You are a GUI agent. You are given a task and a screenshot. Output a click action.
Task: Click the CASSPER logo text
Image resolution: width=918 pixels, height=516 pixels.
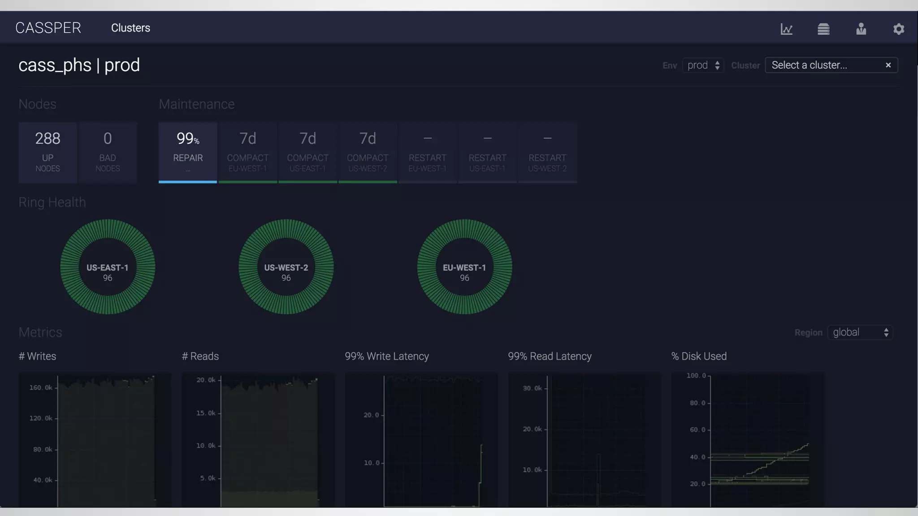48,28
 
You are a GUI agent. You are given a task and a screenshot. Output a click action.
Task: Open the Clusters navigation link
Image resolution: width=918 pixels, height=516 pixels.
130,28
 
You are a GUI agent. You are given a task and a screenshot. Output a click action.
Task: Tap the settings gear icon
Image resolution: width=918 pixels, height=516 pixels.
898,29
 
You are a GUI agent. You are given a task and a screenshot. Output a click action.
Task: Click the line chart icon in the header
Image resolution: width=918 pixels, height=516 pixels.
786,29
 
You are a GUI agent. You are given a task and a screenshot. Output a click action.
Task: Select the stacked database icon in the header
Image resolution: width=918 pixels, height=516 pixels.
823,29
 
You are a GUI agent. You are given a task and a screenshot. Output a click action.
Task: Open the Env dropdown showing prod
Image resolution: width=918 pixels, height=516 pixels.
703,65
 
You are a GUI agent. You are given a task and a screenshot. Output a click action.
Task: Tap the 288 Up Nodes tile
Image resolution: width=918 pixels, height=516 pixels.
48,151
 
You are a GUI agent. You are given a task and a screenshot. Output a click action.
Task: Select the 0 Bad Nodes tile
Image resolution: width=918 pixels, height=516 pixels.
108,151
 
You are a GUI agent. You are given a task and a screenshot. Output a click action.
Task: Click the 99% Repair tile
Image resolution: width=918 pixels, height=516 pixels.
188,151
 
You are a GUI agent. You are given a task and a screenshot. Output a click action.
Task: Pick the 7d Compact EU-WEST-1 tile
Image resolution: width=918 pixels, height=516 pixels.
248,151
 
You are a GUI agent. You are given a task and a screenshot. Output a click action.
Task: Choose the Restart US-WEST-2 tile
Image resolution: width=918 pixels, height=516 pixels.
547,151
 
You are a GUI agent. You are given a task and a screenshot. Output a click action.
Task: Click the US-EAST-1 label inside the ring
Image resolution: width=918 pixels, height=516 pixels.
108,268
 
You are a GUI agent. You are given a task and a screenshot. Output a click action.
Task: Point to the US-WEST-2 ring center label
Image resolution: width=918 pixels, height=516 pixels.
286,268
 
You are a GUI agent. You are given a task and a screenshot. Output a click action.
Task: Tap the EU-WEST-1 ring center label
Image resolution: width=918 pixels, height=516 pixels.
464,268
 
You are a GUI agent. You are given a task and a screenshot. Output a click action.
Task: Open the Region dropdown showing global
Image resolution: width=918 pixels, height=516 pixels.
860,332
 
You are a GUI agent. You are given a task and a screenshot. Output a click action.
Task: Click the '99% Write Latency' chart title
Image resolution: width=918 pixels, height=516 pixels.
387,356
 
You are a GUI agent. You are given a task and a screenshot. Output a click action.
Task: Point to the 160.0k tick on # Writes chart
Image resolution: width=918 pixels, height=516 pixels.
41,387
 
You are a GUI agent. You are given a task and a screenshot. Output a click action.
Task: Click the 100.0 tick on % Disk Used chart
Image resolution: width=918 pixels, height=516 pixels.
696,375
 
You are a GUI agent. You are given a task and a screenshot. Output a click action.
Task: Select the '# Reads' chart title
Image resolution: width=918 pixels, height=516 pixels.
200,356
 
